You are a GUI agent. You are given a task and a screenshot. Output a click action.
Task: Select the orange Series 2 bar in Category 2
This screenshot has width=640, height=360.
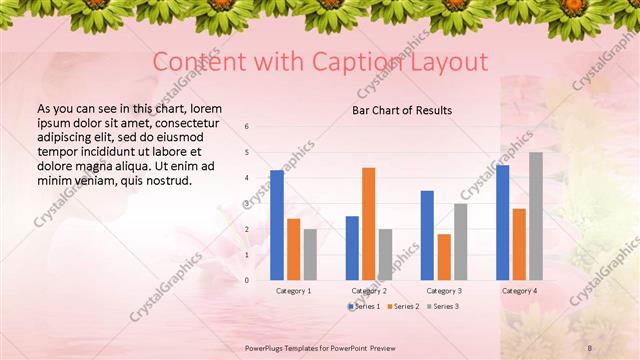[x=368, y=223]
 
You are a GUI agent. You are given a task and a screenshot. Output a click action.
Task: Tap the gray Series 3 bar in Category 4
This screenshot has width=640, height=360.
[x=536, y=216]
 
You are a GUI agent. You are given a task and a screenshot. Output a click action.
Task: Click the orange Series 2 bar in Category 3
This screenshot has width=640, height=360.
[x=443, y=257]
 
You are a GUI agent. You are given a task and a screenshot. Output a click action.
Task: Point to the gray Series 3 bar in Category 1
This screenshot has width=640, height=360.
[x=310, y=254]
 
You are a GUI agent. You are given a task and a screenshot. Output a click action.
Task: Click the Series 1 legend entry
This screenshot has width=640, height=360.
[x=366, y=306]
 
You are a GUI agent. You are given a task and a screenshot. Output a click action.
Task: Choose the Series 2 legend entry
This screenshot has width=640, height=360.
[x=402, y=306]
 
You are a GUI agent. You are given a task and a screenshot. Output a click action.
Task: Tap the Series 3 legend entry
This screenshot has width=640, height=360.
[x=441, y=306]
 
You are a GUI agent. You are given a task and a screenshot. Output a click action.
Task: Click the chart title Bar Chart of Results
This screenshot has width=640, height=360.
[x=402, y=110]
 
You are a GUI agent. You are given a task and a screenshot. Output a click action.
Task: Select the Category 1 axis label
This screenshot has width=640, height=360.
[x=293, y=290]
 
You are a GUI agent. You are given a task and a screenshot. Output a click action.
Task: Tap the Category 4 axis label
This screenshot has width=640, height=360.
[x=519, y=290]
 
